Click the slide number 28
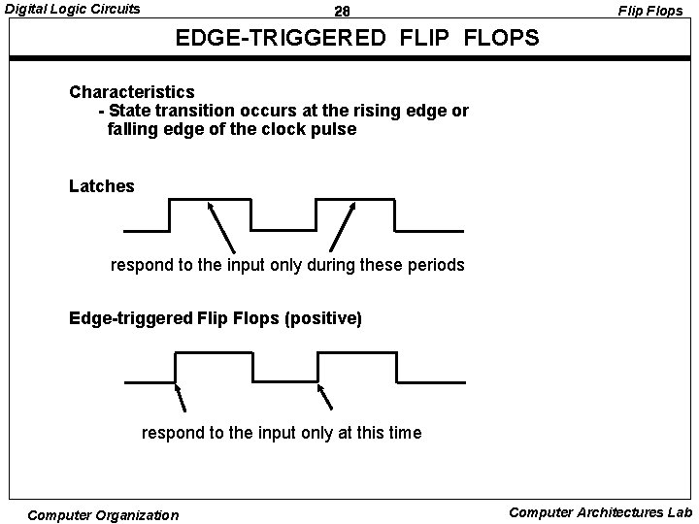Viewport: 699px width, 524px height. click(x=341, y=12)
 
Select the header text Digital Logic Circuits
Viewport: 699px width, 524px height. click(x=73, y=10)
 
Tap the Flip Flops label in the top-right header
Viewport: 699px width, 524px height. click(x=651, y=12)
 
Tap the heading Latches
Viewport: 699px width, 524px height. click(x=102, y=186)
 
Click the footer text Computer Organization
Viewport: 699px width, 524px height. click(x=103, y=515)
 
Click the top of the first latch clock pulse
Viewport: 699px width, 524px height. click(x=211, y=199)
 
